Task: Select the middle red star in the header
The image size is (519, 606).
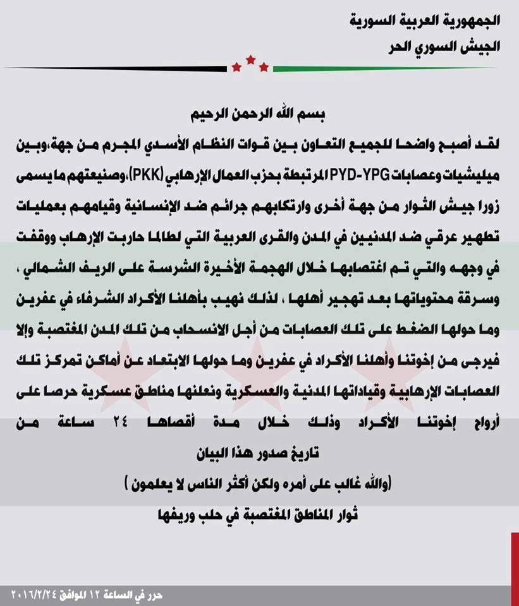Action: point(250,59)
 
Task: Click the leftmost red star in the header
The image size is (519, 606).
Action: point(236,66)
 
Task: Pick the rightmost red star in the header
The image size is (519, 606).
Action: point(264,66)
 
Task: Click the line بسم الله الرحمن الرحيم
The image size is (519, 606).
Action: point(260,116)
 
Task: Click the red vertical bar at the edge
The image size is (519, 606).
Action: point(515,568)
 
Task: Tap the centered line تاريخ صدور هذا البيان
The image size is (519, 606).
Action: point(260,451)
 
